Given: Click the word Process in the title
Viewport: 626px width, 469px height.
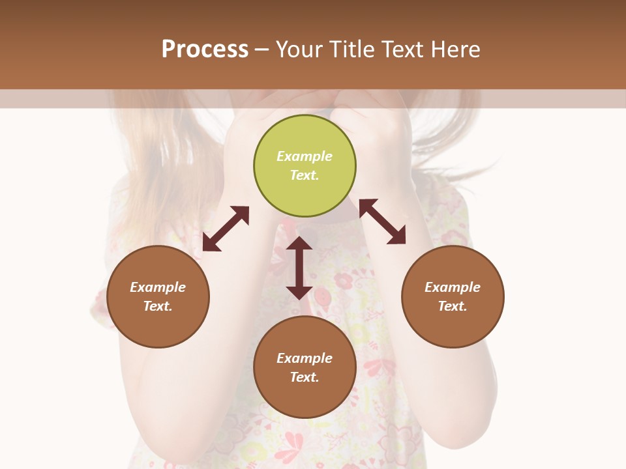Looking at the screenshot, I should (x=205, y=50).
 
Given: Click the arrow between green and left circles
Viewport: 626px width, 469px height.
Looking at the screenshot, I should (x=226, y=229).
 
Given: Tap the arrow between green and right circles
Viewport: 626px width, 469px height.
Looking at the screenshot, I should (x=382, y=221).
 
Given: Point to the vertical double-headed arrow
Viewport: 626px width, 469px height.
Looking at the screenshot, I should (x=299, y=268).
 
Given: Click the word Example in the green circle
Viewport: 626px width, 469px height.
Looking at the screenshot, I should (x=305, y=156).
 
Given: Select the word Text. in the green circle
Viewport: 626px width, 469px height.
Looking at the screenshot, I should (x=305, y=175).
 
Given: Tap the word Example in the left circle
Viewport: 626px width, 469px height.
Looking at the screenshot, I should (x=158, y=287).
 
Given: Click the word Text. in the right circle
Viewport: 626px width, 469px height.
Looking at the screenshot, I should (x=453, y=306).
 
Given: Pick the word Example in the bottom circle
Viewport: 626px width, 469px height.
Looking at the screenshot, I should (x=305, y=358).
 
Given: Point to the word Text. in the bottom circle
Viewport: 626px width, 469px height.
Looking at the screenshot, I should (x=305, y=377).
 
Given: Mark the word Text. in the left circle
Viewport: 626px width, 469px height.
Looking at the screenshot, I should (x=158, y=306).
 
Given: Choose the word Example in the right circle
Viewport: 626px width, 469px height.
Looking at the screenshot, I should (x=453, y=287).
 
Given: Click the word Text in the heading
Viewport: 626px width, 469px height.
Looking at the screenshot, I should (x=402, y=50).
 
